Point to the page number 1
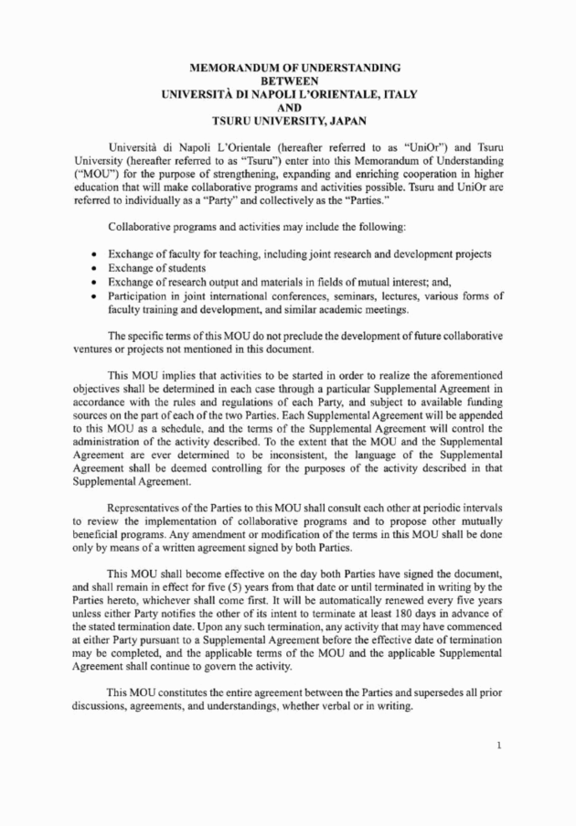pyautogui.click(x=499, y=746)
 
